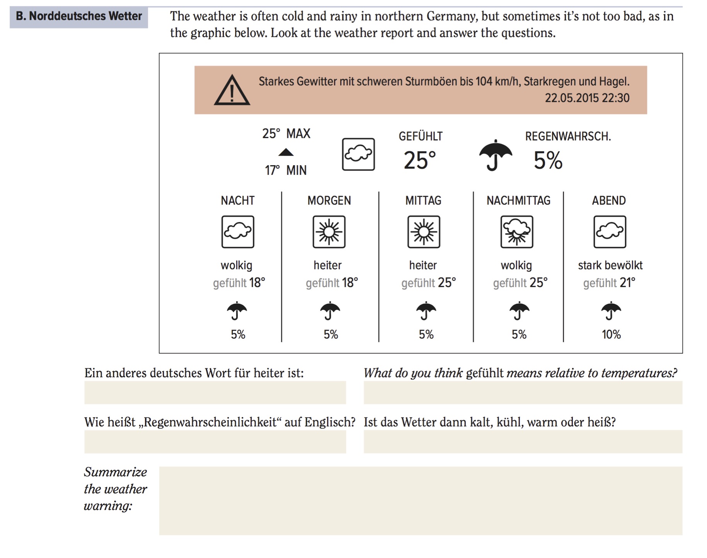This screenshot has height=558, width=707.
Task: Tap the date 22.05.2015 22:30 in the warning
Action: [587, 98]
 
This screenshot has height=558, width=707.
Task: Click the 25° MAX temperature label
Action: [286, 134]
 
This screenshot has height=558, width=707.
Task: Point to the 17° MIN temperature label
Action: [285, 170]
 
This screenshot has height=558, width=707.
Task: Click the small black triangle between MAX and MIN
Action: [286, 152]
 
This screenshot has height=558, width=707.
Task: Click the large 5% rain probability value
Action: [548, 160]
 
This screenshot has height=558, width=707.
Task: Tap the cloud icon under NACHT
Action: [238, 232]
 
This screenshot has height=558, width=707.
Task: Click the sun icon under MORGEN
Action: [329, 232]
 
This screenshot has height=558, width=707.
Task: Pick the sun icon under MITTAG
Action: [424, 232]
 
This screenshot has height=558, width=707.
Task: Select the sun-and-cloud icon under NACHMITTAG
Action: [517, 232]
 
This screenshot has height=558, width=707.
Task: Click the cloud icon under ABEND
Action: [610, 232]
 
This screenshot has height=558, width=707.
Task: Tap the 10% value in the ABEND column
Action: [611, 334]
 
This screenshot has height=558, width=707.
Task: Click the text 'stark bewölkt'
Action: [610, 265]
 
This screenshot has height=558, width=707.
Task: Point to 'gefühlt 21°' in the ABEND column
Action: [609, 283]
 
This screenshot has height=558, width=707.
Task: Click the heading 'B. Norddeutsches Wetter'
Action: [79, 16]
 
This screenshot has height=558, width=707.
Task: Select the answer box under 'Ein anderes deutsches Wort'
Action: [215, 392]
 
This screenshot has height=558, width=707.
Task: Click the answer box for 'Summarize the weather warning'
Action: [421, 501]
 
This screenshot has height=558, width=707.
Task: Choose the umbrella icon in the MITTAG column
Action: [426, 311]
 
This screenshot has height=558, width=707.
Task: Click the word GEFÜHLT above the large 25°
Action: [421, 136]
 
